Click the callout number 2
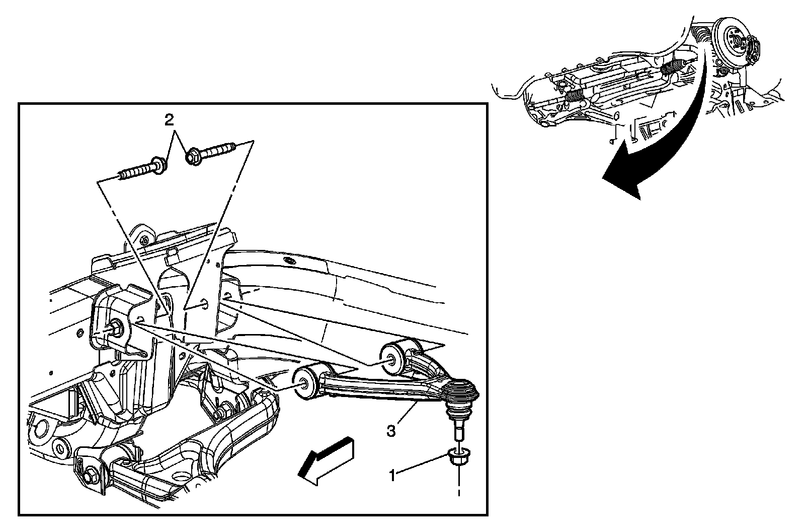pyautogui.click(x=170, y=119)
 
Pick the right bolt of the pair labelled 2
pyautogui.click(x=211, y=153)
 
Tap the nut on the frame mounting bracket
pyautogui.click(x=114, y=327)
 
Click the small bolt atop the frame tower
pyautogui.click(x=144, y=239)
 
